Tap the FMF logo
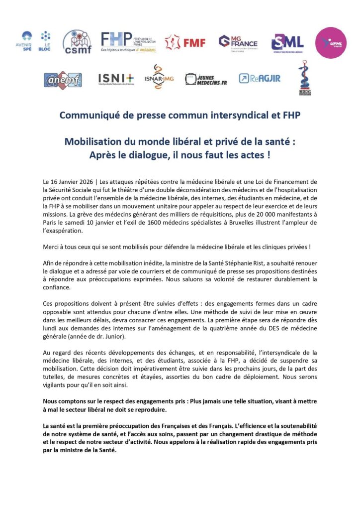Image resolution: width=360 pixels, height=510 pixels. click(185, 42)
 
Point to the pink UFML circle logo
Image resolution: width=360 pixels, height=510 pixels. click(331, 43)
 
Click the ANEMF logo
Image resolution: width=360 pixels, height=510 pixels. click(63, 80)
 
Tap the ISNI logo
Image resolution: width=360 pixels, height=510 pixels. click(116, 79)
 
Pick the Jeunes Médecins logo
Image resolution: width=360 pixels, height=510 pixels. click(205, 79)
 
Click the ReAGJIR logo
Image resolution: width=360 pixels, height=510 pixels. click(259, 79)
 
